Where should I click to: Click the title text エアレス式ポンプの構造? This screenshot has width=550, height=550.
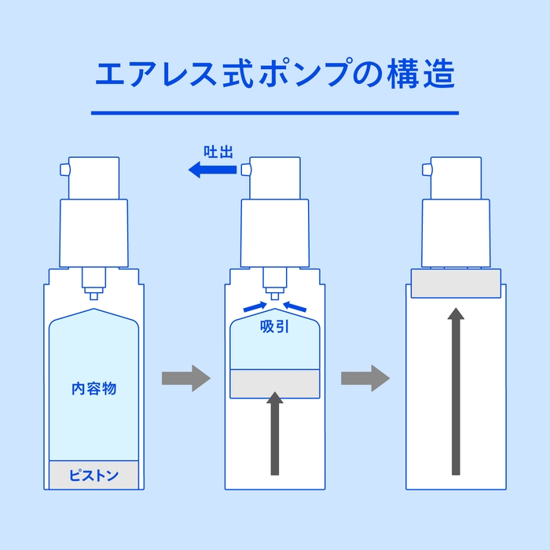(x=274, y=75)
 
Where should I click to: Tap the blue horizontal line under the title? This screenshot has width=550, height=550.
(x=274, y=113)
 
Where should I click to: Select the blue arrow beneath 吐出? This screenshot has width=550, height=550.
(x=213, y=168)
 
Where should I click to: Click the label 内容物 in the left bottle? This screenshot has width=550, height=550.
(x=93, y=388)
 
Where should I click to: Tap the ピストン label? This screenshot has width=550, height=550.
(x=93, y=475)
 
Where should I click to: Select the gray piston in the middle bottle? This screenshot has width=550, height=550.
(x=274, y=383)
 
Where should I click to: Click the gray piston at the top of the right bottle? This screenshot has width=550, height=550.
(x=456, y=283)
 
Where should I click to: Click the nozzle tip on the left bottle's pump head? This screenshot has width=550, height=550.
(x=64, y=169)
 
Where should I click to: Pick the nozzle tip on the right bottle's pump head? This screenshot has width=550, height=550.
(x=426, y=169)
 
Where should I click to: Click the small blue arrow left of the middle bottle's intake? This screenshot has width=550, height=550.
(x=254, y=305)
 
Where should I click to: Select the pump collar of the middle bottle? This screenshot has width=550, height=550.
(x=274, y=232)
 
